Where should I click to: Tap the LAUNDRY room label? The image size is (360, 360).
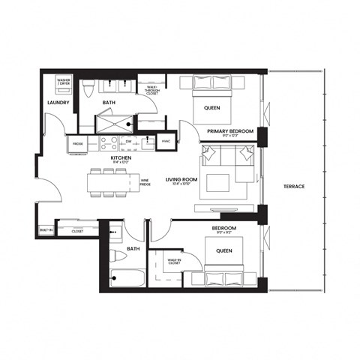point(58,102)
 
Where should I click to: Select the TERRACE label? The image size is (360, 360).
point(295,186)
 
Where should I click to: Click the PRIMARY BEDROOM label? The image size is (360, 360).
point(230,132)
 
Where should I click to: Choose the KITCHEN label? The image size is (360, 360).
point(121,158)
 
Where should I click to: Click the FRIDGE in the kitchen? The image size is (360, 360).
point(77,142)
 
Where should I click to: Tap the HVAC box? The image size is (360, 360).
point(167,141)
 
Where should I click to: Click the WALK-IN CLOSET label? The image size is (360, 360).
point(173,262)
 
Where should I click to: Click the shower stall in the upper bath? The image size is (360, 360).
point(115,124)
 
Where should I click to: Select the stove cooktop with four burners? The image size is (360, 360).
point(105,141)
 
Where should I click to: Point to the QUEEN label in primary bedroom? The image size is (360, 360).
point(211,108)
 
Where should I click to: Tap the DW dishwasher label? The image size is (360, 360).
point(129,141)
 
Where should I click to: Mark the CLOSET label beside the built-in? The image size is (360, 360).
point(77,232)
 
